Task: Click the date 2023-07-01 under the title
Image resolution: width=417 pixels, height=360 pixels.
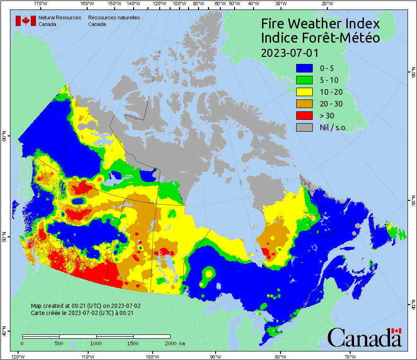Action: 290,52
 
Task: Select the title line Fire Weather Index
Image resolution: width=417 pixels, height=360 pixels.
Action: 320,24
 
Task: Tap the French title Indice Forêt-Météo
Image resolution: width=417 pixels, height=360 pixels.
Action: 320,38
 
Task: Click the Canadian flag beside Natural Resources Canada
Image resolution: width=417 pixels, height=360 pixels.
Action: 26,21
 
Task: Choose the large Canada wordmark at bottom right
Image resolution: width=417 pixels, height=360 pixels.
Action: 364,337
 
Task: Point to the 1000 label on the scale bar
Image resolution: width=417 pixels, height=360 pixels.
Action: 96,343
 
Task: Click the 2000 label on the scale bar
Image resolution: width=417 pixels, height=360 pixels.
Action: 170,343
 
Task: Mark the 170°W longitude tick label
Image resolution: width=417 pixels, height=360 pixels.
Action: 41,4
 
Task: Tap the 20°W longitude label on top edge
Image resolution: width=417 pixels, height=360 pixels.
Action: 326,4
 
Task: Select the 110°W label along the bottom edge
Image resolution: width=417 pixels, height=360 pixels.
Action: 87,356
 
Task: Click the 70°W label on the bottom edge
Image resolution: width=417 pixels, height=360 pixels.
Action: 350,356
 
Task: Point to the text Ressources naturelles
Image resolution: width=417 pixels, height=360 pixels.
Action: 114,18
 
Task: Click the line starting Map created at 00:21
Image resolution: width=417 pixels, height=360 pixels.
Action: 86,306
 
